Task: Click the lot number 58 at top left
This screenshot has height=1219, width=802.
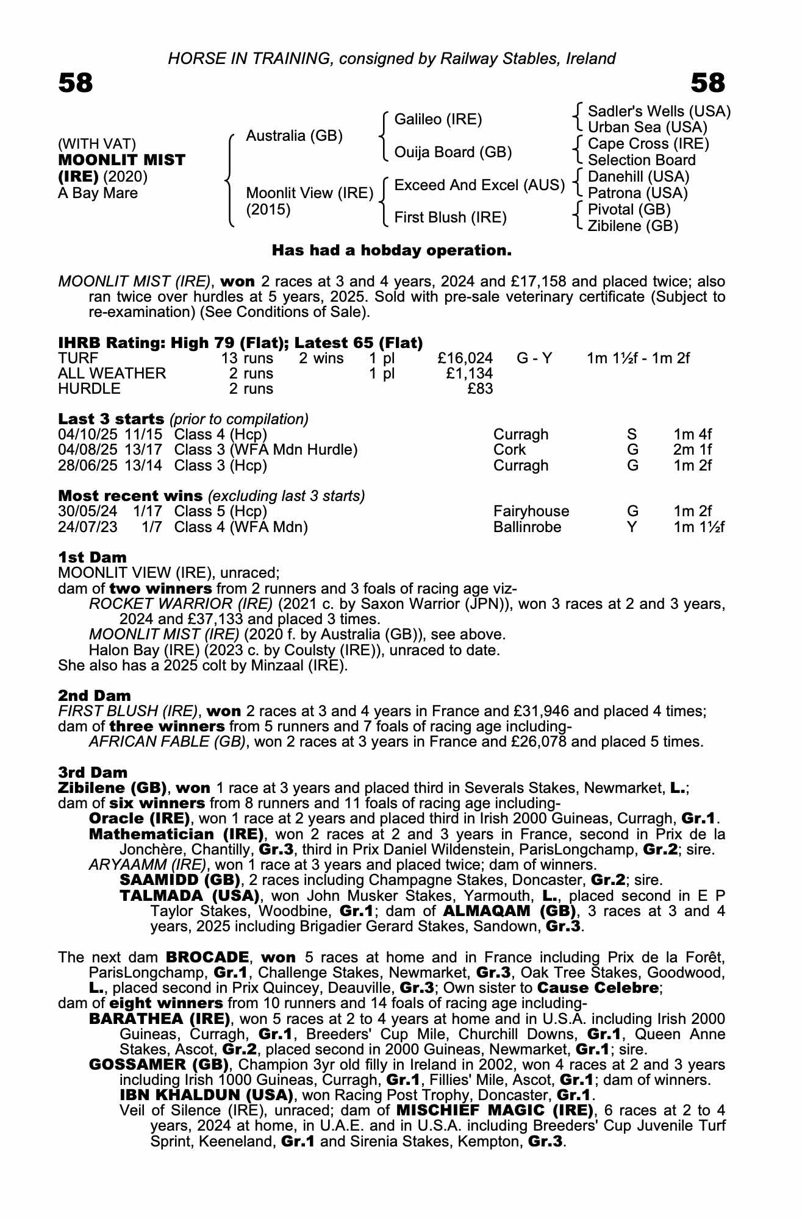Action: pos(76,83)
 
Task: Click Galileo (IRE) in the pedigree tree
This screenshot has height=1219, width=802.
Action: pos(438,119)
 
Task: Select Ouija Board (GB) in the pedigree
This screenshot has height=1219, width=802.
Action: pos(453,152)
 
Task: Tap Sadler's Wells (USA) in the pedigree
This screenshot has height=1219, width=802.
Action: pos(659,112)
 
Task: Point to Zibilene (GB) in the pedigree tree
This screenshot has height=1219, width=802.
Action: pos(632,226)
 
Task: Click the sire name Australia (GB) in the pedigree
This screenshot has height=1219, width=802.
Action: pos(294,136)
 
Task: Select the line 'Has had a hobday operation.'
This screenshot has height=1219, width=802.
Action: pos(392,251)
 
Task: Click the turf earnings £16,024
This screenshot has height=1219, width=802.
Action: pos(465,358)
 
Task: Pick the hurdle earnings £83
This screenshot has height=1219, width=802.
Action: pos(480,389)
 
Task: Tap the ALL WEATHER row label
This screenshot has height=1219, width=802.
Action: pos(112,374)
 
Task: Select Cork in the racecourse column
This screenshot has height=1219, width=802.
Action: pos(509,450)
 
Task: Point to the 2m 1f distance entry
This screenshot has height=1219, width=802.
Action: pos(693,450)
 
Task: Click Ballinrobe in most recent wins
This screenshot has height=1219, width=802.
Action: pos(527,527)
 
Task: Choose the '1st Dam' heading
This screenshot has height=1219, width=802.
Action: pos(92,558)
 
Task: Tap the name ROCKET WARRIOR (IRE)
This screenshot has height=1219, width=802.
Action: pos(181,604)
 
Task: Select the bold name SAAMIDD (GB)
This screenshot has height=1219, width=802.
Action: pos(177,880)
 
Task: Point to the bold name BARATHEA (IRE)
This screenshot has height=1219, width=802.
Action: pos(159,1018)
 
